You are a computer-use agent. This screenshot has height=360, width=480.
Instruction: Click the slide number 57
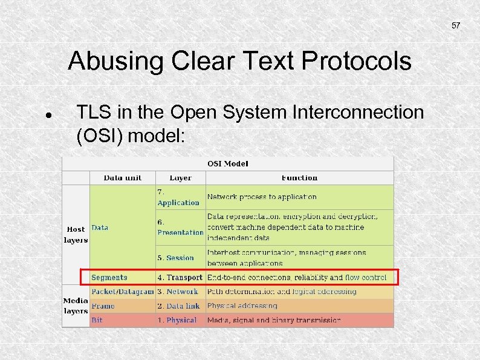[x=456, y=26]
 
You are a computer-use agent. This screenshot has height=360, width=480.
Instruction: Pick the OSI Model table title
[x=228, y=163]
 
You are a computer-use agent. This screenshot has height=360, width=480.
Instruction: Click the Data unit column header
[x=123, y=178]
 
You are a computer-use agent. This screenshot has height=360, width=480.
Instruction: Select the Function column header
[x=299, y=178]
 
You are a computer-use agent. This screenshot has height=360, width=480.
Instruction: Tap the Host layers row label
[x=76, y=234]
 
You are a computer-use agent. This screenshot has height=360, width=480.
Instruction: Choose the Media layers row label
[x=76, y=306]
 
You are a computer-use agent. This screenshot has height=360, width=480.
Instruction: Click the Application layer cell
[x=178, y=198]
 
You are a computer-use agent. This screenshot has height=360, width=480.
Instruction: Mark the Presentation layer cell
[x=180, y=227]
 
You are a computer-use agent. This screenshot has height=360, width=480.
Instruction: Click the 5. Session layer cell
[x=176, y=258]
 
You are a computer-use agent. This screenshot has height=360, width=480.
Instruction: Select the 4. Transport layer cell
[x=180, y=278]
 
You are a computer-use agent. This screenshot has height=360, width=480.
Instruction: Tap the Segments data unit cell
[x=109, y=278]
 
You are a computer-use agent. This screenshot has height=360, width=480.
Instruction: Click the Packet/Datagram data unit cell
[x=123, y=292]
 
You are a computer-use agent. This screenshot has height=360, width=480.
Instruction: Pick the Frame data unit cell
[x=103, y=306]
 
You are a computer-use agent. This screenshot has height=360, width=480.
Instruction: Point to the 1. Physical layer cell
[x=177, y=320]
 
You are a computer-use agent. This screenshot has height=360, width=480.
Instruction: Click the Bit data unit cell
[x=97, y=320]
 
